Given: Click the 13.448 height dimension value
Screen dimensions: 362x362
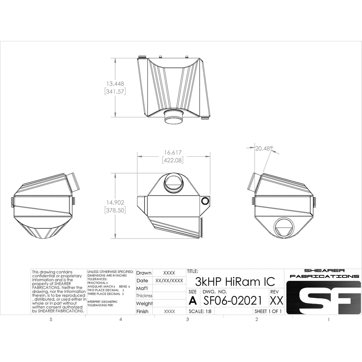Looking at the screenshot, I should coord(115,84).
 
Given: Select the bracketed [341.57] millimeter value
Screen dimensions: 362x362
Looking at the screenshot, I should coord(115,92).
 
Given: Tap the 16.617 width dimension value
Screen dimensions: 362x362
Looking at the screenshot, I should coord(173,153).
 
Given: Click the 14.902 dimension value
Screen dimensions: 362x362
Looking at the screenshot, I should coord(115,203).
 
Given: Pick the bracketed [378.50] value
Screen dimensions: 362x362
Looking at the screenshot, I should coord(115,210).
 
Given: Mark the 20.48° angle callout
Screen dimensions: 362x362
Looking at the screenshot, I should coord(264,149).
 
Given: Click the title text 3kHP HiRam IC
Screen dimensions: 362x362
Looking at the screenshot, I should coord(235,282).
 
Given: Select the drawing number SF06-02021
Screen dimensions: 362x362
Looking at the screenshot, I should coord(232,300).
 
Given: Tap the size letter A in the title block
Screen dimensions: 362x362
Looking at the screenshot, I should coord(192,301).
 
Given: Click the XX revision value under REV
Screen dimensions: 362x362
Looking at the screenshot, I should coord(276,301).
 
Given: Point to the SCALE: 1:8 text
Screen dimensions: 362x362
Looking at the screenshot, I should coord(201,311).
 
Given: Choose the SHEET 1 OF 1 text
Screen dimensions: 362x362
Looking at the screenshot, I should coord(268,311).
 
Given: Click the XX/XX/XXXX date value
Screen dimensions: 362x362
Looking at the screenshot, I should coord(169,281).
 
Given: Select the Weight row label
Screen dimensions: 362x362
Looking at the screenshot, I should coord(144,303).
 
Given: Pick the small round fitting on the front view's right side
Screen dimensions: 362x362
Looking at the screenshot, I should coord(205,201).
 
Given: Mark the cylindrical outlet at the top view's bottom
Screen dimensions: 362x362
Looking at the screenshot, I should coord(174,116).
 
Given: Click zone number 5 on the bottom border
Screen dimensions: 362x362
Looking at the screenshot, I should coord(51,320).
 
